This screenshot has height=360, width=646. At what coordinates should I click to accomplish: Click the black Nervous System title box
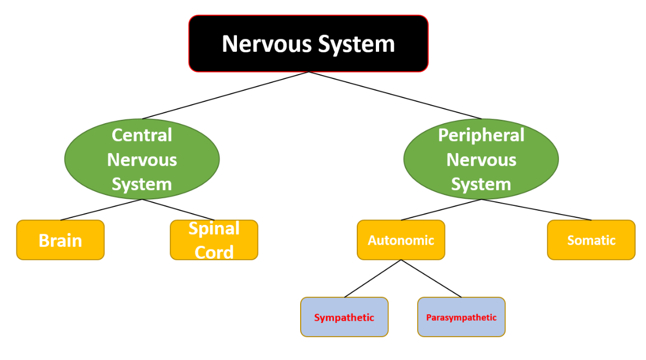[308, 44]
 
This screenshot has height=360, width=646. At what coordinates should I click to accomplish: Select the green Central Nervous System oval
[142, 159]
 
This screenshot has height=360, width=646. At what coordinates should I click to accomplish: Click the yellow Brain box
[60, 240]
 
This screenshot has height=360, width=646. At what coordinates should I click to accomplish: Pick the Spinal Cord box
[214, 240]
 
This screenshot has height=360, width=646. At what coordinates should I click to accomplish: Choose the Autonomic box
[401, 240]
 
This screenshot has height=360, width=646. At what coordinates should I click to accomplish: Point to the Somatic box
[591, 240]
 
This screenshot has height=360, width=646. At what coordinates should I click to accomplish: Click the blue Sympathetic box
[344, 317]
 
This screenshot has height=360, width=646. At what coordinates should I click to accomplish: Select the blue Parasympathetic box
[461, 317]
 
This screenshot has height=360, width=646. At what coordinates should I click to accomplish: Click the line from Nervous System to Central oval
[226, 95]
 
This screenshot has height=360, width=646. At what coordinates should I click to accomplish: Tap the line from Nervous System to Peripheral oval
[395, 95]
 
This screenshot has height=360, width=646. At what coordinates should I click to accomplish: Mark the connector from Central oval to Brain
[101, 210]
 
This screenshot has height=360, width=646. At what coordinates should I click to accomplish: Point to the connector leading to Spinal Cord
[178, 210]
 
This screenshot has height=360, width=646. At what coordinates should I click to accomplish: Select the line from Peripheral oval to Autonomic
[441, 210]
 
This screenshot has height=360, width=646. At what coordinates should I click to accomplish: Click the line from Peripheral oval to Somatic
[536, 210]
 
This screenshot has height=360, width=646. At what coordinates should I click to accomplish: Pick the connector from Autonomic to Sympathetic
[373, 278]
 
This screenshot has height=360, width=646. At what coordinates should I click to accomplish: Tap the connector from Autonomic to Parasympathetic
[431, 278]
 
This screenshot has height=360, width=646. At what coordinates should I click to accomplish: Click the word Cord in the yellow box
[214, 252]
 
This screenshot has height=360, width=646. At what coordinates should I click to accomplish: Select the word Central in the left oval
[142, 135]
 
